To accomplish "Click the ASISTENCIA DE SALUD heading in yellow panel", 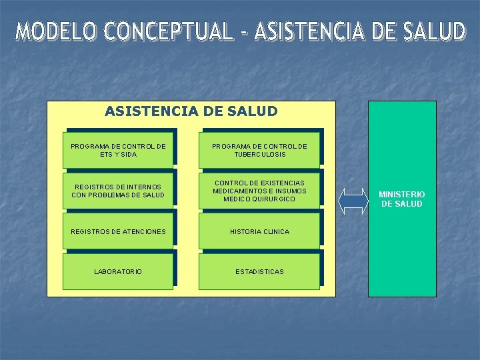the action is [191, 111].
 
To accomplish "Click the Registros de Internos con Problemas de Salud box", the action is [118, 191].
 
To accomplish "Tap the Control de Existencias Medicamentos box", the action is [259, 191].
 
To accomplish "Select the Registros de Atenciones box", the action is [118, 232].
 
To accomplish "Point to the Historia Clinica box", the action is [259, 232].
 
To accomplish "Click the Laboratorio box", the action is [118, 271].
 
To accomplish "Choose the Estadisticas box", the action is [259, 271].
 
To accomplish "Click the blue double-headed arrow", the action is [353, 199].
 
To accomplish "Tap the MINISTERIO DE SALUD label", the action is [401, 199].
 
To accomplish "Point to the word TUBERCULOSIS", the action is [259, 155].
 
